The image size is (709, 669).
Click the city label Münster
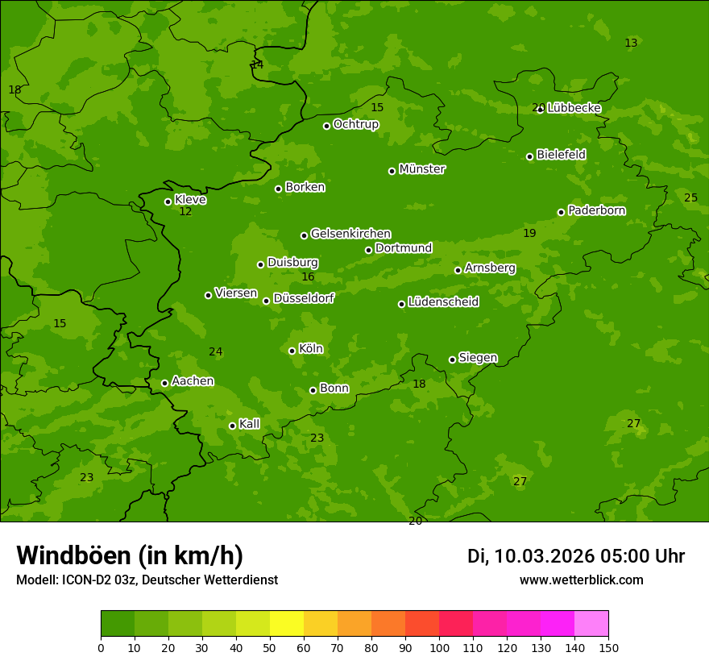coord(422,169)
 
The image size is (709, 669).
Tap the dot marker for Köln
coord(292,351)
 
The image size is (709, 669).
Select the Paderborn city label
coord(597,210)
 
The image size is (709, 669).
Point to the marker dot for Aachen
coord(165,383)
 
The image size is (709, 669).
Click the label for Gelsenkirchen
coord(350,234)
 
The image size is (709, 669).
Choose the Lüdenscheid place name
coord(443,302)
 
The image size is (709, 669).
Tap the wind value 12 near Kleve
coord(185,212)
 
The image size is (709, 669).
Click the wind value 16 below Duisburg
coord(308,277)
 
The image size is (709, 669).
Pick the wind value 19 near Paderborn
coord(529,234)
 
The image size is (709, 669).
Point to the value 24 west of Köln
coord(215,352)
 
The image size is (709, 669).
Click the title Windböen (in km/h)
coord(130,555)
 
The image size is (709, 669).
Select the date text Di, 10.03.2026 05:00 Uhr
coord(576,556)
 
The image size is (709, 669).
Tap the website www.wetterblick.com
coord(581,580)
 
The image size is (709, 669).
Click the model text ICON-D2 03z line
coord(147,580)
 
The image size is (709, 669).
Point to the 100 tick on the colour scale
coord(439,647)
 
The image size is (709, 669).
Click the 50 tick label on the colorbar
coord(270,647)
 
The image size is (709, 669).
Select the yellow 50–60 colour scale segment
coord(287,623)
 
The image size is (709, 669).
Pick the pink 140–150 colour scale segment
coord(591,623)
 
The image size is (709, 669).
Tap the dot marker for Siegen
coord(452,359)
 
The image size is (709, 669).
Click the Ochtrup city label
coord(355,124)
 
